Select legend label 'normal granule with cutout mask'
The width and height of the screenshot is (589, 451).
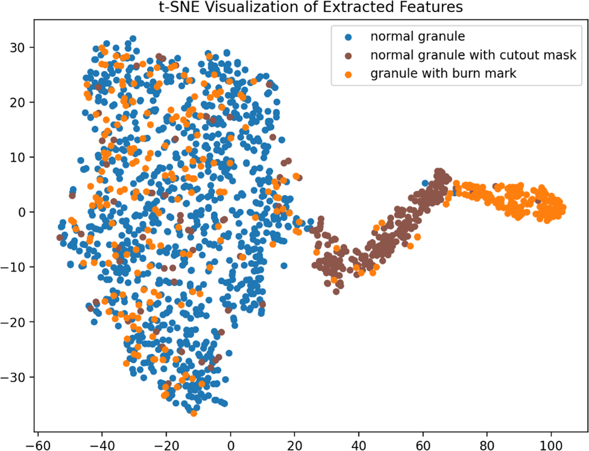pos(473,56)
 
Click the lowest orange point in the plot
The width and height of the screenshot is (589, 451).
pos(194,413)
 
